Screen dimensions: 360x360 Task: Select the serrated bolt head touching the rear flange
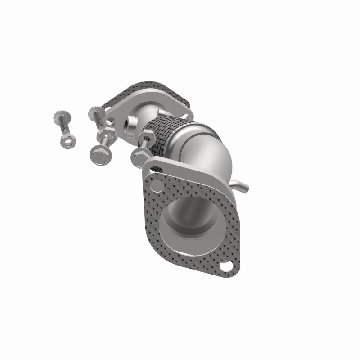[x=96, y=112]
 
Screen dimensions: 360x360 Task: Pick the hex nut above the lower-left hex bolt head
[x=109, y=133]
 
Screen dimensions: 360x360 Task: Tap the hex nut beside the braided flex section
[x=146, y=135]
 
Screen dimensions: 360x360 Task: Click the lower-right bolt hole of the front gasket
[x=229, y=266]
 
